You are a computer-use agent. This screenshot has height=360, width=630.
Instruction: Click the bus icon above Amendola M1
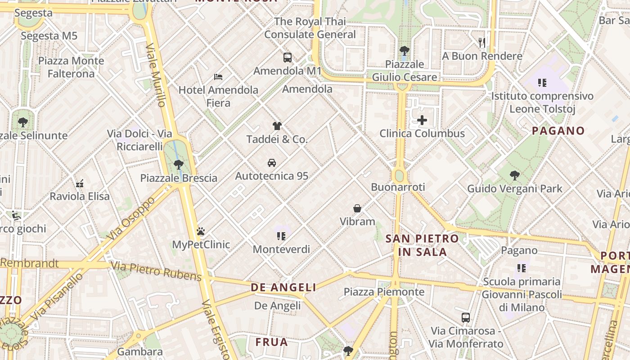288,58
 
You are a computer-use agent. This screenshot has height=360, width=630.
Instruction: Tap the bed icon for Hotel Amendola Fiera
218,76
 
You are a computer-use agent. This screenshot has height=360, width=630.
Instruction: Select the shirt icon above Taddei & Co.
277,126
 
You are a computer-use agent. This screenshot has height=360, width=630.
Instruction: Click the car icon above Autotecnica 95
272,162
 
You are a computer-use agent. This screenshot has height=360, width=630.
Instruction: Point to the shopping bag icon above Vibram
357,208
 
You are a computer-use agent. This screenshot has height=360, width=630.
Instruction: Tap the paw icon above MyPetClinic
201,231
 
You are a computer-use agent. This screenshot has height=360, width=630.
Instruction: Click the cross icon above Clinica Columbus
422,120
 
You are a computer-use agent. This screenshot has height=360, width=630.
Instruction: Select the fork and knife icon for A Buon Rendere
482,43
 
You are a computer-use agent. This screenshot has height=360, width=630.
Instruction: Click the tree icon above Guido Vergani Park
515,175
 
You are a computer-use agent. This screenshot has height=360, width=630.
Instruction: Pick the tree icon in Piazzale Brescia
179,164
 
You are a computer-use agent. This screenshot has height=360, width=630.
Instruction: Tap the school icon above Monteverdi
281,236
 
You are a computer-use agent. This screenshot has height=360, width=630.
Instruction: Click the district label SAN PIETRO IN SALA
422,245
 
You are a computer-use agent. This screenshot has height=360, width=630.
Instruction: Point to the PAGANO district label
558,131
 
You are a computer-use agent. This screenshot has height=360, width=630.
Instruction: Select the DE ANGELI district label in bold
283,287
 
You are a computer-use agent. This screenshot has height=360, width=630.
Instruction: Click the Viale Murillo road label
156,75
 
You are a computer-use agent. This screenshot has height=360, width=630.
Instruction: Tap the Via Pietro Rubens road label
156,271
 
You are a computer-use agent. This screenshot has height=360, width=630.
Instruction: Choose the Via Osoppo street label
131,218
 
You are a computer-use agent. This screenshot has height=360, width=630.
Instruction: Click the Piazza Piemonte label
384,292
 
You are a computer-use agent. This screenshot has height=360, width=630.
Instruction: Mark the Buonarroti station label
398,187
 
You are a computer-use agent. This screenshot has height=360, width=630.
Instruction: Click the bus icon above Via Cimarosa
466,317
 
